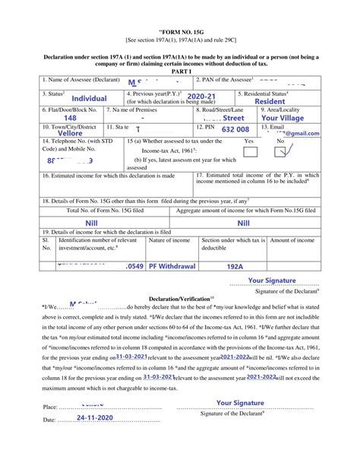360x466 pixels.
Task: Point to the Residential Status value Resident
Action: (270, 101)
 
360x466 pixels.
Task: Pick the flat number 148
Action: (70, 119)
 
